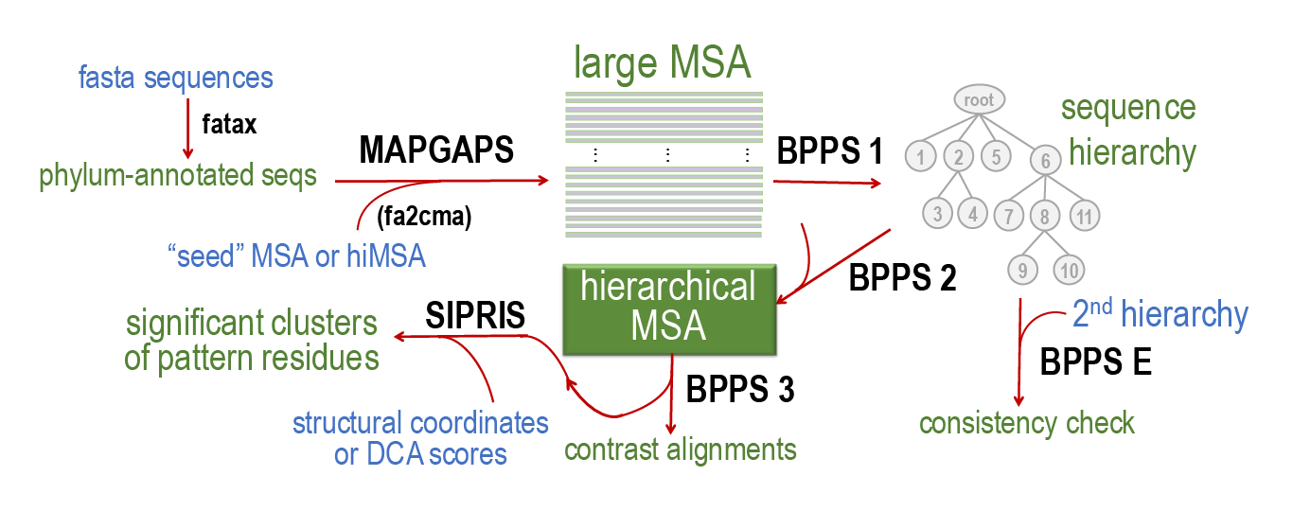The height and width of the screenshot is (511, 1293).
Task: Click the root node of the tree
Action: tap(979, 98)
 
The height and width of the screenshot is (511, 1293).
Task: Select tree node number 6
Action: tap(1046, 161)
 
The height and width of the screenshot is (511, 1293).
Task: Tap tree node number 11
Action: tap(1085, 217)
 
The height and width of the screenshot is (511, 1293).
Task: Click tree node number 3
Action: tap(937, 213)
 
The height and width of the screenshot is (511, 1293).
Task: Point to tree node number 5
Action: tap(996, 156)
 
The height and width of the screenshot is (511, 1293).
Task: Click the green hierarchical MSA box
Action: tap(668, 305)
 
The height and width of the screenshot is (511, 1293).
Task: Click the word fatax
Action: tap(230, 124)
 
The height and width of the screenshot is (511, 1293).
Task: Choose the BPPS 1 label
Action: tap(829, 150)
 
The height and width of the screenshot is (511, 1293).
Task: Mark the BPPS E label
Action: tap(1095, 362)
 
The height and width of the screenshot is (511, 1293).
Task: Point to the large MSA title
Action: tap(662, 62)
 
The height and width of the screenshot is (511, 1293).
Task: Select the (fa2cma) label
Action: tap(423, 217)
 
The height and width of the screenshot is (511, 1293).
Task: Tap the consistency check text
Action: tap(1027, 422)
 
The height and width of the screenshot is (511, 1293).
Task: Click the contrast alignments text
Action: tap(681, 449)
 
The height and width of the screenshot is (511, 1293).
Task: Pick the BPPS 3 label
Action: tap(739, 388)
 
